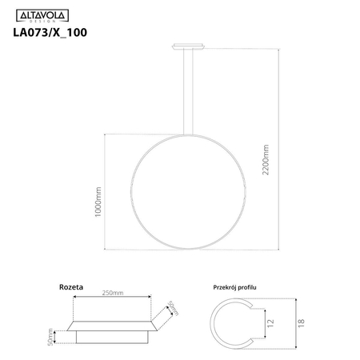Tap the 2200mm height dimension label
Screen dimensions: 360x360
point(266,163)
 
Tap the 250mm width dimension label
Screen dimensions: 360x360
point(111,294)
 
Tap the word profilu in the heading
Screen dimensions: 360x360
point(258,286)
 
